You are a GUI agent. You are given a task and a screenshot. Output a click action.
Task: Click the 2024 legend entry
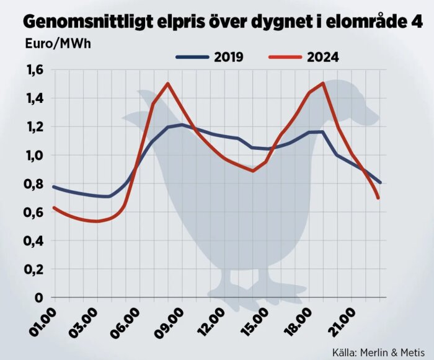[304, 58]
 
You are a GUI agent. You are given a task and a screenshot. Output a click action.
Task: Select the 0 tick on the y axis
[38, 298]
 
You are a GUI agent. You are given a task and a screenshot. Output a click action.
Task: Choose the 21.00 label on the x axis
[342, 322]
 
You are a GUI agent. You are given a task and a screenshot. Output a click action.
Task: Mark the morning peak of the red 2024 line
[167, 83]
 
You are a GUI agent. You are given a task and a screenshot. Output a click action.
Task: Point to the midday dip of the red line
[253, 170]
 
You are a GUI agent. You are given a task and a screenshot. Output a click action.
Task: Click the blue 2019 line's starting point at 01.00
[53, 187]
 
